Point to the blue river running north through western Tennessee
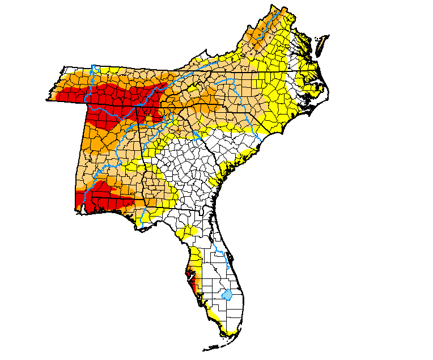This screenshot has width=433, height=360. click(x=90, y=85)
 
